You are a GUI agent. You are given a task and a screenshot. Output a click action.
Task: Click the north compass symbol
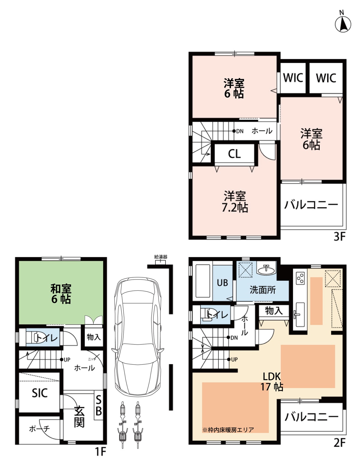pos(343,23)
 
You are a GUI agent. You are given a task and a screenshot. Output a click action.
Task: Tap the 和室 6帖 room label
pos(61,294)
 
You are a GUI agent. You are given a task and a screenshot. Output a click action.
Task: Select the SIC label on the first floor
pos(40,393)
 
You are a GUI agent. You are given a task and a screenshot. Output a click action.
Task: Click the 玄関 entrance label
pos(79,416)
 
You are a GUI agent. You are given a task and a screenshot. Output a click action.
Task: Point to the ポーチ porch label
pos(39,429)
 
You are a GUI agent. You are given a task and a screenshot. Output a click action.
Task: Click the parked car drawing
pos(138,336)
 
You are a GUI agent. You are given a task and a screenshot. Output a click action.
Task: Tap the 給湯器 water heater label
pos(160,257)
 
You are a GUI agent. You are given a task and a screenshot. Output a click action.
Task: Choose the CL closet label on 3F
pos(234,154)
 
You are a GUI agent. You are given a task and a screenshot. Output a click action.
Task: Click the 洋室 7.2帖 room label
pos(235,201)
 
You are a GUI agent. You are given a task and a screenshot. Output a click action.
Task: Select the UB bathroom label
pos(222,283)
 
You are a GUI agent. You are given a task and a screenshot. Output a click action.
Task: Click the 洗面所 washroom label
pos(262,290)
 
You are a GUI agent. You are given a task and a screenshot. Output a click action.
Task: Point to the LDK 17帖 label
pos(271,381)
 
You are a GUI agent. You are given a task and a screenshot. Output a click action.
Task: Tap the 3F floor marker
pos(340,237)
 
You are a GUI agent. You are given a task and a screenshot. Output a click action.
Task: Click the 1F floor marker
pos(100,451)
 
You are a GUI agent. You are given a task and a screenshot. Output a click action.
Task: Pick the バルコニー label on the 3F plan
pos(311,205)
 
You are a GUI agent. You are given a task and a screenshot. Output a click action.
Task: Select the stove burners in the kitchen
pos(300,278)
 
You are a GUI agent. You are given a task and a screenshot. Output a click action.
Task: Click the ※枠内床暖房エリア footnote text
pos(228,430)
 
